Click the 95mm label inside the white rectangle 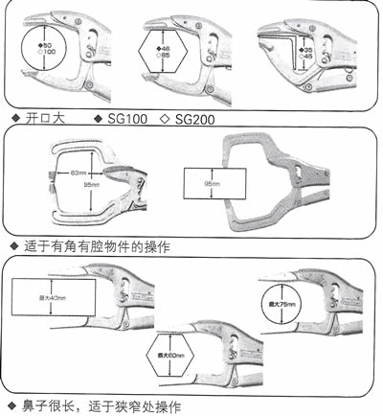pyautogui.click(x=212, y=180)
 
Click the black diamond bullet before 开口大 pyautogui.click(x=11, y=118)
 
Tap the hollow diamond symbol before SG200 pyautogui.click(x=164, y=118)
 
